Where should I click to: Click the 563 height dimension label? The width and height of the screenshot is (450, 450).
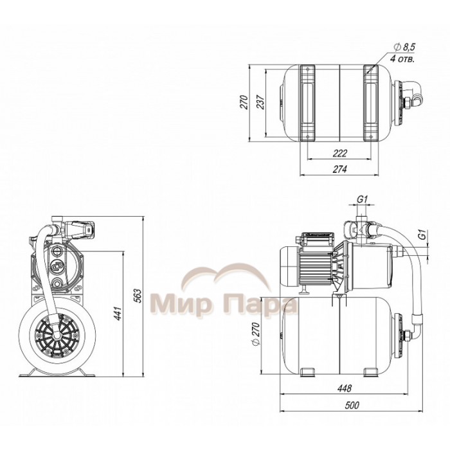tap(138, 297)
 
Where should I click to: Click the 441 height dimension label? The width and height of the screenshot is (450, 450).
tap(118, 314)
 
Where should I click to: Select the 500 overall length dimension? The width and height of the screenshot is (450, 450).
tap(352, 405)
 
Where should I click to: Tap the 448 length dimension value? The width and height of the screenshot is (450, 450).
tap(345, 388)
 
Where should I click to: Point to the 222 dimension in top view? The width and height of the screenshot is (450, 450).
tap(340, 153)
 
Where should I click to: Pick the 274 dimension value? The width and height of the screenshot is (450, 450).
tap(340, 169)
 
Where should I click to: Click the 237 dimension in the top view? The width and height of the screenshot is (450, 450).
tap(260, 102)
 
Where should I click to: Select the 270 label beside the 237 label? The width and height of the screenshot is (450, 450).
tap(244, 102)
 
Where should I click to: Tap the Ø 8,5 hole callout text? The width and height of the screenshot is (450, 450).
tap(404, 47)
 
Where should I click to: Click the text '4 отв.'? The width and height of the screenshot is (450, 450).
tap(402, 59)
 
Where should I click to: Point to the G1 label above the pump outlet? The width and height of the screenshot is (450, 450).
tap(363, 199)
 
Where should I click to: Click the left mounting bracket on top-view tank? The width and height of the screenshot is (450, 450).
tap(307, 103)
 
